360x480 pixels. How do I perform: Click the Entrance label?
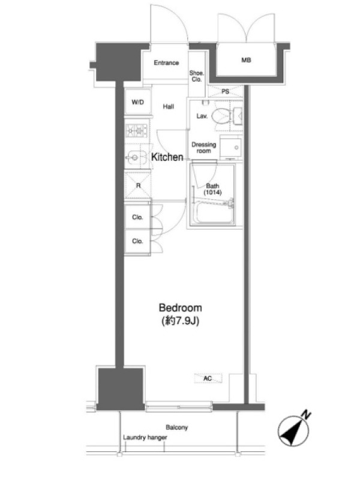point(166,63)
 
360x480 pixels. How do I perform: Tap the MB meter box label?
point(246,60)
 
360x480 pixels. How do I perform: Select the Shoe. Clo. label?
point(197,76)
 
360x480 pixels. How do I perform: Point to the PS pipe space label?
point(226,91)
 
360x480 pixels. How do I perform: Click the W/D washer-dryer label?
point(137,102)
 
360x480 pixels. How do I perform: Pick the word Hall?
point(169,107)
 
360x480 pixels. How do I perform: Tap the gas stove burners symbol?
point(137,131)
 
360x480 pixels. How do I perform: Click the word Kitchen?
point(167,157)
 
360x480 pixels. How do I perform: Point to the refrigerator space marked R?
point(137,185)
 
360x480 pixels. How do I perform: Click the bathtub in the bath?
point(214,213)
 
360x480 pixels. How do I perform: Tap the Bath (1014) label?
point(212,189)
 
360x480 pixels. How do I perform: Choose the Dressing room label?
point(204,148)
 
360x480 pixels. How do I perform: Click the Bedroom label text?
point(181,308)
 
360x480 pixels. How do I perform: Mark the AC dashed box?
point(208,379)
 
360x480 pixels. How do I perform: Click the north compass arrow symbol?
point(294,430)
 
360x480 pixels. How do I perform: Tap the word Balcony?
point(176,427)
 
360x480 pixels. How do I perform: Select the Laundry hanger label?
point(145,437)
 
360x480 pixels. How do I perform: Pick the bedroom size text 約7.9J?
point(181,321)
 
